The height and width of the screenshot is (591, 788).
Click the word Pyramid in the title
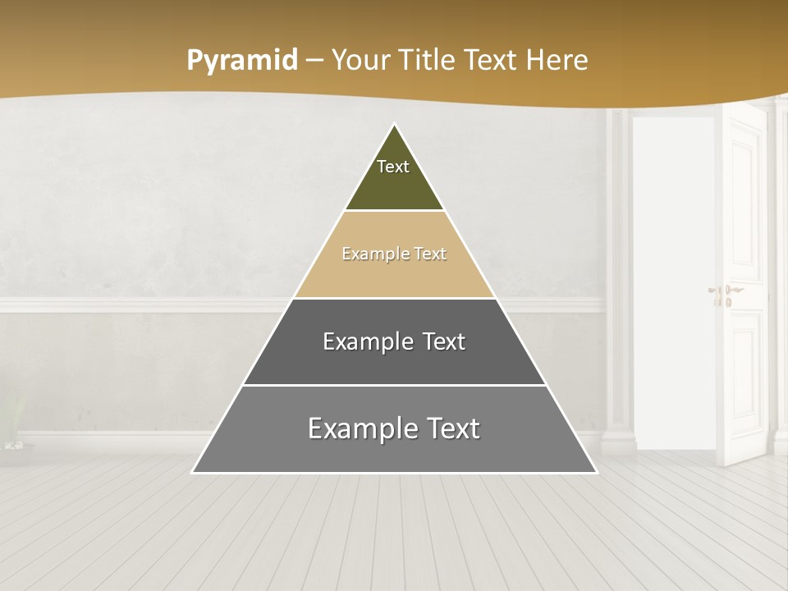[x=241, y=61]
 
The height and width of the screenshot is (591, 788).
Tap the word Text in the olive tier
[x=393, y=167]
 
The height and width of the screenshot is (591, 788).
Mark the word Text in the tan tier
[x=431, y=254]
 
